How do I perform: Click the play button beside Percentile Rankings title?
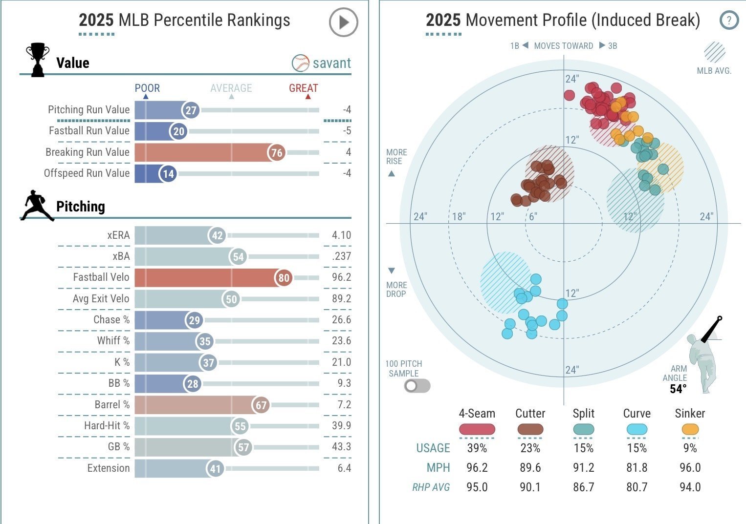click(343, 22)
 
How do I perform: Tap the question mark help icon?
click(729, 21)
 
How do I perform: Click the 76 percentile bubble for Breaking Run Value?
click(277, 152)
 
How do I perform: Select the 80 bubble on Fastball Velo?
click(284, 278)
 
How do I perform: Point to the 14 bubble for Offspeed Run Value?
click(168, 174)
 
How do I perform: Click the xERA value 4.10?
click(341, 235)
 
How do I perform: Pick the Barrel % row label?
click(112, 405)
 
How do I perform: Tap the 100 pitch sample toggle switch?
click(417, 386)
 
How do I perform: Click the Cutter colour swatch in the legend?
click(530, 430)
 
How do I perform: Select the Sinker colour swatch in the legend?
click(690, 430)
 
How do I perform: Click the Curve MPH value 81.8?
click(636, 468)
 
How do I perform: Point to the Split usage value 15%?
click(583, 448)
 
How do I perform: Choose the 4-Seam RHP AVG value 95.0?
click(477, 487)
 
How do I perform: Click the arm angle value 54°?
click(678, 389)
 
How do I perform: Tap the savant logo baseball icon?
click(301, 63)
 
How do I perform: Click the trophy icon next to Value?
click(38, 60)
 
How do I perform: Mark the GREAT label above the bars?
click(303, 88)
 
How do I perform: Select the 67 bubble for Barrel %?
click(261, 405)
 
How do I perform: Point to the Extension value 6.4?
click(344, 468)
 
